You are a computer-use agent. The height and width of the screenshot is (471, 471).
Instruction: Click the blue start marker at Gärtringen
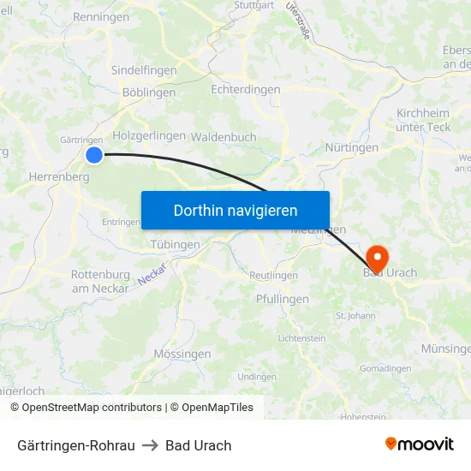[x=94, y=155]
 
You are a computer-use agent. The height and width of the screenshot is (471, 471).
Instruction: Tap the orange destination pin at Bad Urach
[x=377, y=257]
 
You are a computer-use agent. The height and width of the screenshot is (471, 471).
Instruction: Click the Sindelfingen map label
[x=144, y=71]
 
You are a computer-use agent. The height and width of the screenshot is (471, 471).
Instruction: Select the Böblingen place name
[x=149, y=92]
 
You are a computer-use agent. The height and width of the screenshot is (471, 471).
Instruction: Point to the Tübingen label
[x=175, y=244]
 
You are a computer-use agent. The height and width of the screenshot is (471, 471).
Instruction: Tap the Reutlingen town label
[x=273, y=275]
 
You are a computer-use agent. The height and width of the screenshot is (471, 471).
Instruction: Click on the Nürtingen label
[x=351, y=148]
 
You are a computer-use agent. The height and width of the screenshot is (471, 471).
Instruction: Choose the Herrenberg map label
[x=59, y=176]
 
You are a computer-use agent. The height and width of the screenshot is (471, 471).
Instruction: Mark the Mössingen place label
[x=182, y=354]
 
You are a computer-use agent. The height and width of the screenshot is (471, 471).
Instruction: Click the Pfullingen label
[x=283, y=300]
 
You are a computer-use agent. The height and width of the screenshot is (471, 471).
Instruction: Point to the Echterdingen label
[x=245, y=90]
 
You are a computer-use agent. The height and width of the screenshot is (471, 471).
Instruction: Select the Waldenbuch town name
[x=224, y=137]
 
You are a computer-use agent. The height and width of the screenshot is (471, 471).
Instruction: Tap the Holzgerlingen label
[x=149, y=135]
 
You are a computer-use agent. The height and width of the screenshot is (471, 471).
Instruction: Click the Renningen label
[x=101, y=17]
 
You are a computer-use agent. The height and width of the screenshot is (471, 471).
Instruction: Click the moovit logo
[x=420, y=444]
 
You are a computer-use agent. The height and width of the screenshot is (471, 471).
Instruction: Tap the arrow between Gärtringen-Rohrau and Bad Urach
[x=150, y=445]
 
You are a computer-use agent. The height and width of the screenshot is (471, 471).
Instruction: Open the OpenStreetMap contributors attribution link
[x=92, y=408]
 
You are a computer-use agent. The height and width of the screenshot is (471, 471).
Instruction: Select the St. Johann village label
[x=355, y=315]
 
